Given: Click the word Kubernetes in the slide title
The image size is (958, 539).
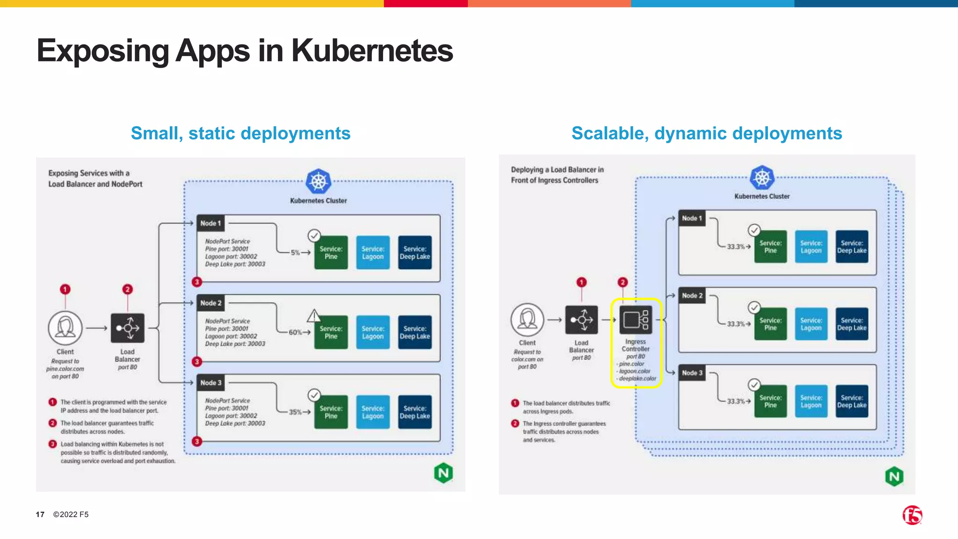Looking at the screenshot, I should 372,51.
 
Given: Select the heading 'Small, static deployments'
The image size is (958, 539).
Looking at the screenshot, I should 240,133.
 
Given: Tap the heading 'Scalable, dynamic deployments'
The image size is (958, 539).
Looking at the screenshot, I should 706,133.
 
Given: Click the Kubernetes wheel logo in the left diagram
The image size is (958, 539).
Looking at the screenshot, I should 318,182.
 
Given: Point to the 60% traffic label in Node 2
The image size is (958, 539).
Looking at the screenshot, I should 295,332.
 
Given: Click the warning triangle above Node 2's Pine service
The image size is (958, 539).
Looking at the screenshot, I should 314,316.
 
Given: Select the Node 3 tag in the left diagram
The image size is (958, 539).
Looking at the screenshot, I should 210,383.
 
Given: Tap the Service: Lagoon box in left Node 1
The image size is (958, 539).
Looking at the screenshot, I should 373,253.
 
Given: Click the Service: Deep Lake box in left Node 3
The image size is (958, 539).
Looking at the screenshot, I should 414,412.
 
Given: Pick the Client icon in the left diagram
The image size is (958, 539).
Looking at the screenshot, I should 65,328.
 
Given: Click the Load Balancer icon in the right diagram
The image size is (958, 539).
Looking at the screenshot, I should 581,320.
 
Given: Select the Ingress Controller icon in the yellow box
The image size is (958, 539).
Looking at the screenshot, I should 636,320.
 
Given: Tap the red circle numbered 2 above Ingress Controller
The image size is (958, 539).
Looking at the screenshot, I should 622,282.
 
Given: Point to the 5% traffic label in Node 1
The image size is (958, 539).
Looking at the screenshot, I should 295,253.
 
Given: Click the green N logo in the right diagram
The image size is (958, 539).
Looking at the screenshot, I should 894,477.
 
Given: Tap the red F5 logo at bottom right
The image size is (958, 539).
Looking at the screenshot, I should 912,515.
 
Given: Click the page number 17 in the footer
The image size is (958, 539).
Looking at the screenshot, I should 40,514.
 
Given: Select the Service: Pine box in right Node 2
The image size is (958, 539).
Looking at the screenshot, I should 770,324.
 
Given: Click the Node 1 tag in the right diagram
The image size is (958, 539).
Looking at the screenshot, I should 692,219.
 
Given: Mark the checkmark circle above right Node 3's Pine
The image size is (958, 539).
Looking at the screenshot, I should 754,385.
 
